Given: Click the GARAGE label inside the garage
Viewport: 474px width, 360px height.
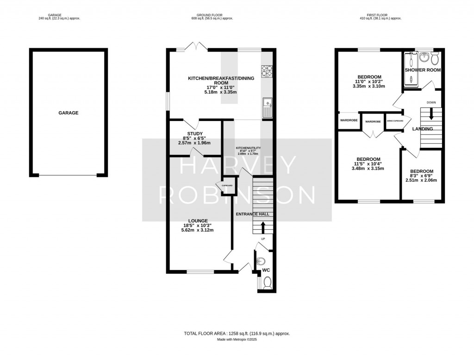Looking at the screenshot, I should coord(68,113).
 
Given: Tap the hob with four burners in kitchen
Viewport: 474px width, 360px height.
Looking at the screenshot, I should coord(267,70).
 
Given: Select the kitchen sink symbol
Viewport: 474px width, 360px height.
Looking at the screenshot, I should coord(267,107).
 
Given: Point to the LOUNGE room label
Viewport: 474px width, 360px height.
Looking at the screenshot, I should coord(198,221).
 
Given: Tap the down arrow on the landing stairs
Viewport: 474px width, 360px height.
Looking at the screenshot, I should coord(431,113).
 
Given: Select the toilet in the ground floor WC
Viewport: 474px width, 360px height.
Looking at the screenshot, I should coord(267,282).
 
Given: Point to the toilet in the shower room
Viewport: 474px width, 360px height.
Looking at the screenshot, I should coord(434,59).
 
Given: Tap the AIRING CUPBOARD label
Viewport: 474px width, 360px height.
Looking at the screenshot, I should coord(394,121).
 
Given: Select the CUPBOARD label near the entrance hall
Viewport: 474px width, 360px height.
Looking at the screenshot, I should coord(227,185).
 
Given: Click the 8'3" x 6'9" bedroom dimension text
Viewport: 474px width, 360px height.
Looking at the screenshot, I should coord(421,176).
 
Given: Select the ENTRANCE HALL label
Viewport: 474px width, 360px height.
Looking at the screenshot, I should coord(253,215).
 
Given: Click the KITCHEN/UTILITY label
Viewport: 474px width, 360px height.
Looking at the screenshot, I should coord(249,148).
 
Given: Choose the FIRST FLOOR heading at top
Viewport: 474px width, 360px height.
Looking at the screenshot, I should coord(376,15).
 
